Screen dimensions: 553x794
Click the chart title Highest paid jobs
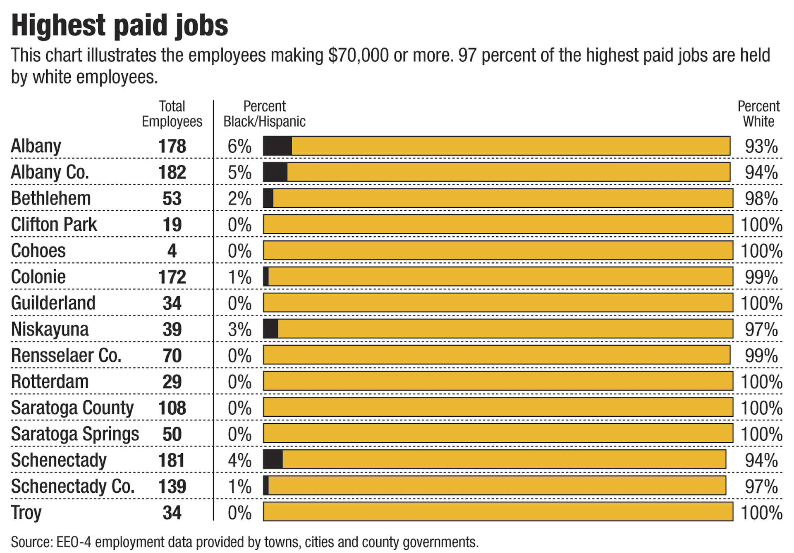(x=120, y=26)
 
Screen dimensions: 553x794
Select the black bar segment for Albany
(x=277, y=146)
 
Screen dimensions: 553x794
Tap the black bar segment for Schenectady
(x=273, y=460)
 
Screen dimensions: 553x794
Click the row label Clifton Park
(x=54, y=225)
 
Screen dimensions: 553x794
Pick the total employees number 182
(x=172, y=172)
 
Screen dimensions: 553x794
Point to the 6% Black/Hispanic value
(x=239, y=146)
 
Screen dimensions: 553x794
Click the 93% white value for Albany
(x=761, y=146)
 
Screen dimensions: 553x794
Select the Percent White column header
(x=758, y=114)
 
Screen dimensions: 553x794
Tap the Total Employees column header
(x=172, y=114)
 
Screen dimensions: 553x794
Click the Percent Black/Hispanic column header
(x=264, y=114)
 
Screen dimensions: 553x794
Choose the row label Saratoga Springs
(x=75, y=434)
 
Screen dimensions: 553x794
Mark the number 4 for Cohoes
(x=172, y=251)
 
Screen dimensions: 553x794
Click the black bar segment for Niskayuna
(x=270, y=329)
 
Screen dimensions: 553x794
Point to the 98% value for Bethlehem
(x=761, y=199)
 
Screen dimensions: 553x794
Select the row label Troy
(x=26, y=513)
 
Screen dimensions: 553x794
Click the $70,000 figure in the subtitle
(x=358, y=55)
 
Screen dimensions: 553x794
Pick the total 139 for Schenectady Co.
(x=172, y=486)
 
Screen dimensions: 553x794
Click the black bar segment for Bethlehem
(x=268, y=199)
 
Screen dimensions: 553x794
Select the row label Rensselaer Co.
(x=66, y=356)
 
